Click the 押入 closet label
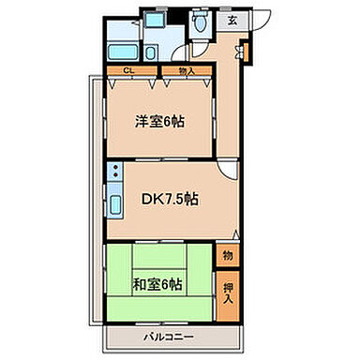[228, 286]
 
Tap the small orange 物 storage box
[228, 254]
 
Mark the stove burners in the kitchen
[114, 173]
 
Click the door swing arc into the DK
[228, 171]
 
